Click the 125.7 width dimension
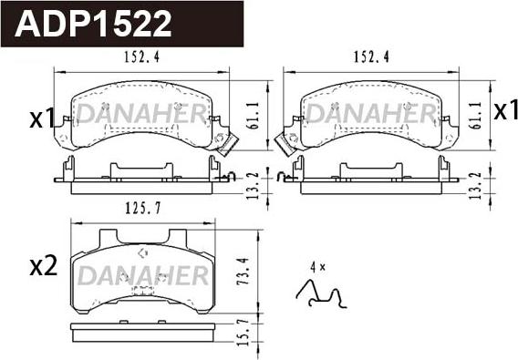pyautogui.click(x=141, y=209)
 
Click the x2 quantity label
pyautogui.click(x=43, y=267)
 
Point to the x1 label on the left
pyautogui.click(x=41, y=118)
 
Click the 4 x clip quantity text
pyautogui.click(x=316, y=267)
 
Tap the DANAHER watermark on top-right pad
pyautogui.click(x=367, y=114)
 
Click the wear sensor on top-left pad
pyautogui.click(x=228, y=142)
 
